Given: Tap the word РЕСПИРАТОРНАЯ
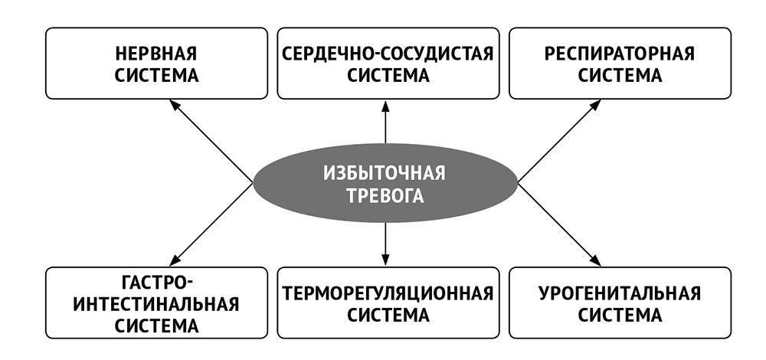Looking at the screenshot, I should pos(620,54).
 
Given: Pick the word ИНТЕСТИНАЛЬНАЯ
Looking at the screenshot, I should pos(156,303).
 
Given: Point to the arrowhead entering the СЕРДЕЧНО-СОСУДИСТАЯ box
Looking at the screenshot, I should pos(385,105).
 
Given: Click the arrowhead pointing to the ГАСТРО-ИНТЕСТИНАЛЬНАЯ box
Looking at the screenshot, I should pos(175,261).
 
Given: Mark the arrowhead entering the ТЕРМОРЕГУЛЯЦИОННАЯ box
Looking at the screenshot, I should pos(385,261).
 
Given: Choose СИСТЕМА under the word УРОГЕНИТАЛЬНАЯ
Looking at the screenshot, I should pos(620,315).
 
